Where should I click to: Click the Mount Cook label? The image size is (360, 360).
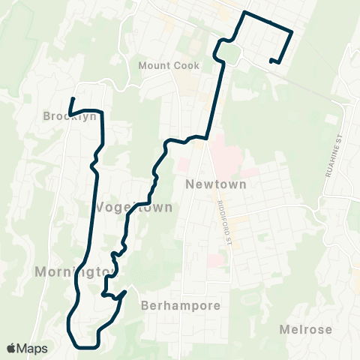(x=169, y=65)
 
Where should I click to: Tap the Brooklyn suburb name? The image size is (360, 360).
(x=70, y=116)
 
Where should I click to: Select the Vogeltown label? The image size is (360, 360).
(x=133, y=207)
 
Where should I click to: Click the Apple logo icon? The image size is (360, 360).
(x=11, y=348)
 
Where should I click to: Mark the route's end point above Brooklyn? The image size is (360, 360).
(x=73, y=99)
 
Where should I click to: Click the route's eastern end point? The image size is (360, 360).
(x=271, y=60)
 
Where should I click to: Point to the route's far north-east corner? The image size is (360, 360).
(x=290, y=31)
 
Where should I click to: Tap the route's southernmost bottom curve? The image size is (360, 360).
(x=84, y=346)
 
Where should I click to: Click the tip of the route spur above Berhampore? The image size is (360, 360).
(x=125, y=290)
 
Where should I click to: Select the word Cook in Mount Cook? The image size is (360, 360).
(x=186, y=65)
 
